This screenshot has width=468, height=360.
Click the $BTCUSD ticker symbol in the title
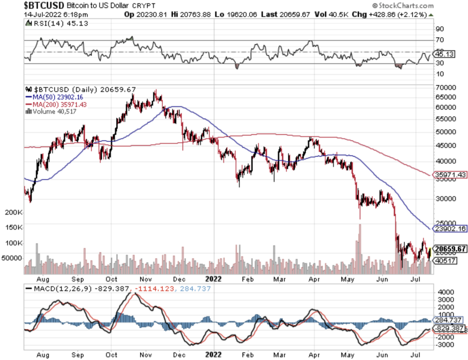coord(44,5)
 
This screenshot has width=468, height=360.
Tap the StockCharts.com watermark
coord(403,6)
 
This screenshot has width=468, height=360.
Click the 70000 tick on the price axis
coord(446,88)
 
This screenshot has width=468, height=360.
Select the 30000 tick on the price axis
coord(446,199)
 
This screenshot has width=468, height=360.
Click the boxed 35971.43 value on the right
coord(450,175)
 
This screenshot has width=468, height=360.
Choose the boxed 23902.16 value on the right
coord(450,229)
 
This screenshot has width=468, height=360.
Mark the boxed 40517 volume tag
coord(446,260)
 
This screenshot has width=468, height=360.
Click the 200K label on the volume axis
coord(13,212)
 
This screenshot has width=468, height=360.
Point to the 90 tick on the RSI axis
coord(440,29)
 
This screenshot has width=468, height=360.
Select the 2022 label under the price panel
coord(213,279)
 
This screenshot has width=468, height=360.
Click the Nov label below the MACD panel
coord(145,355)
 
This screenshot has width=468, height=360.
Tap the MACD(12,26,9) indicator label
coord(62,289)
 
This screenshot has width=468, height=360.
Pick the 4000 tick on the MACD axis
coord(446,292)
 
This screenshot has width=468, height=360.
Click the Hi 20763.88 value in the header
coord(191,14)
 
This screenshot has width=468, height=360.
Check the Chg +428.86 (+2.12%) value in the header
coord(389,14)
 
